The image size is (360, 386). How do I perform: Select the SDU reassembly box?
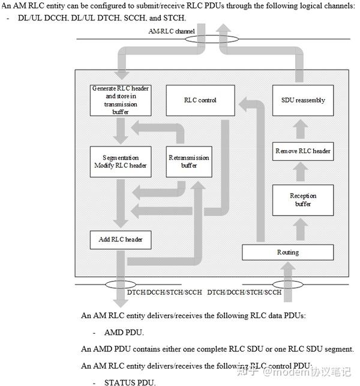302,100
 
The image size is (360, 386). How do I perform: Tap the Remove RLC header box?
302,151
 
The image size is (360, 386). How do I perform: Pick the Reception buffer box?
302,200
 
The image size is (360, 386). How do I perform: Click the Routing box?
288,252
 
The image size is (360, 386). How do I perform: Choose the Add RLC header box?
120,240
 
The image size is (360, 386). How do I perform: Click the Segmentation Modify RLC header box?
120,161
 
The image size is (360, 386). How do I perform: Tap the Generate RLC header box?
120,100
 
